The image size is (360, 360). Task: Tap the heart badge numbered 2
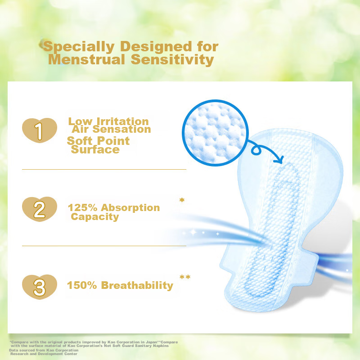point(40,209)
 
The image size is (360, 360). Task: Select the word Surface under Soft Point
point(95,149)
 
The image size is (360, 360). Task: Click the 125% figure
point(82,208)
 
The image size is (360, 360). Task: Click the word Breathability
point(137,285)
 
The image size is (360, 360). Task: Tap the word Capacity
point(95,217)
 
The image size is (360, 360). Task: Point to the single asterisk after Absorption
point(181,200)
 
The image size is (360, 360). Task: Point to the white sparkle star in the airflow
point(193,232)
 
